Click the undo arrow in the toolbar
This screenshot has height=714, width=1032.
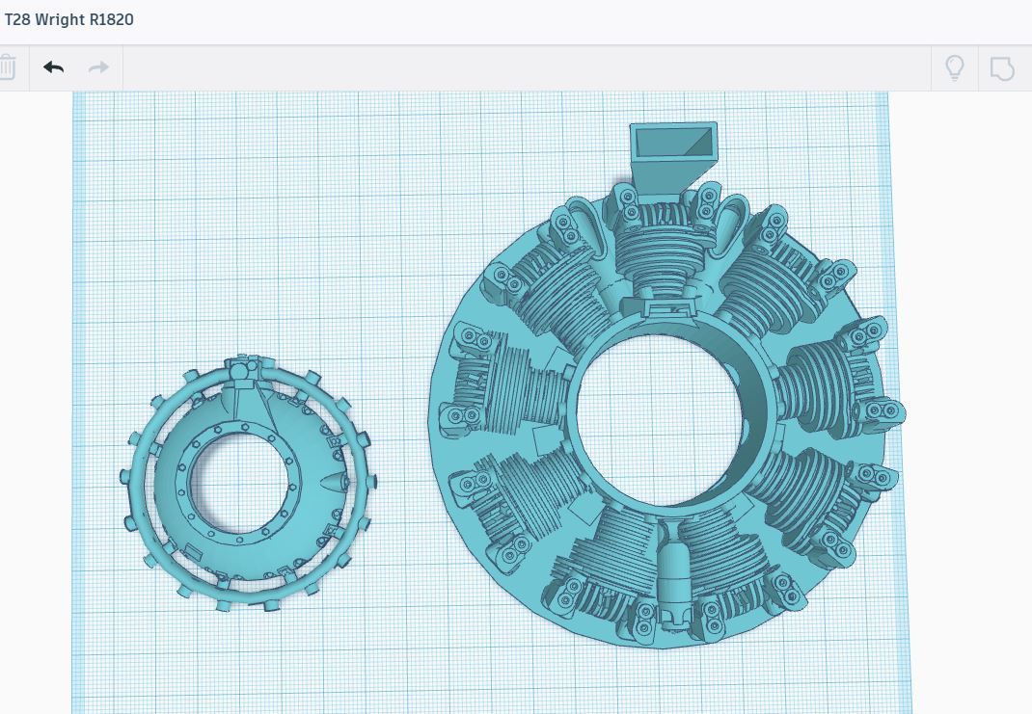[53, 67]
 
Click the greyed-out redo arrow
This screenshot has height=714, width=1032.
[98, 67]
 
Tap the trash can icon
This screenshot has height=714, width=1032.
[7, 67]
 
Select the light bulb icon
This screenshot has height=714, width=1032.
[954, 67]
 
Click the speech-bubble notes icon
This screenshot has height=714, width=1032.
[1002, 68]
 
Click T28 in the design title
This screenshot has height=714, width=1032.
[17, 19]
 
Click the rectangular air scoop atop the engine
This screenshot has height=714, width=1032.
[672, 154]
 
